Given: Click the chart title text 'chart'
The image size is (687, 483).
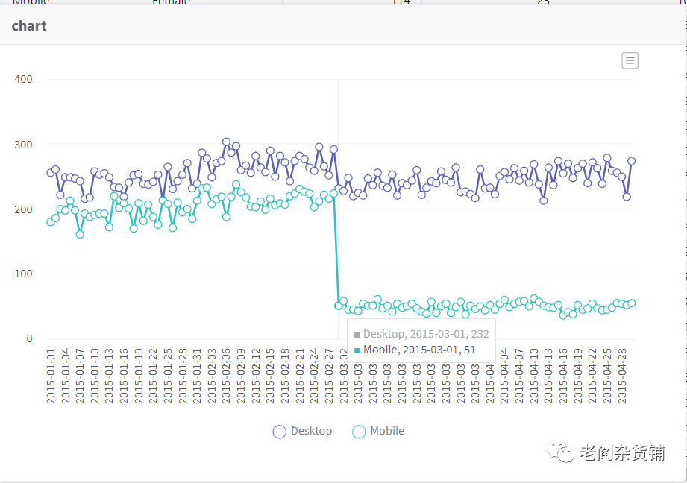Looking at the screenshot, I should pyautogui.click(x=29, y=26).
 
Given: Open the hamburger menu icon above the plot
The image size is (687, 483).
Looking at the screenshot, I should pyautogui.click(x=630, y=61).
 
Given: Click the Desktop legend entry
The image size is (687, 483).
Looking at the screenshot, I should pyautogui.click(x=303, y=431).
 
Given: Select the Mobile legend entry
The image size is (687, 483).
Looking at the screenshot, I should pyautogui.click(x=378, y=431).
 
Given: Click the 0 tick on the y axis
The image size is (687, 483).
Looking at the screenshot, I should pyautogui.click(x=29, y=339).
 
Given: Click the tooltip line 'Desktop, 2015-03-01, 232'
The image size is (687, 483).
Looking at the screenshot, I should pyautogui.click(x=426, y=335).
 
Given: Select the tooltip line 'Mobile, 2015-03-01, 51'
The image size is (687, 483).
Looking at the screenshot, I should pyautogui.click(x=419, y=350).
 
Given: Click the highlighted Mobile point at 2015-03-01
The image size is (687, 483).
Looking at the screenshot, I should pyautogui.click(x=339, y=306).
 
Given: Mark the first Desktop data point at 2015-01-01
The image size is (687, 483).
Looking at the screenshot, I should pyautogui.click(x=51, y=172).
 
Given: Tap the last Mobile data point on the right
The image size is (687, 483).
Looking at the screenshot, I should pyautogui.click(x=631, y=303).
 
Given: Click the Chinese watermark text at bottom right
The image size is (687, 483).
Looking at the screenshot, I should pyautogui.click(x=622, y=453).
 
